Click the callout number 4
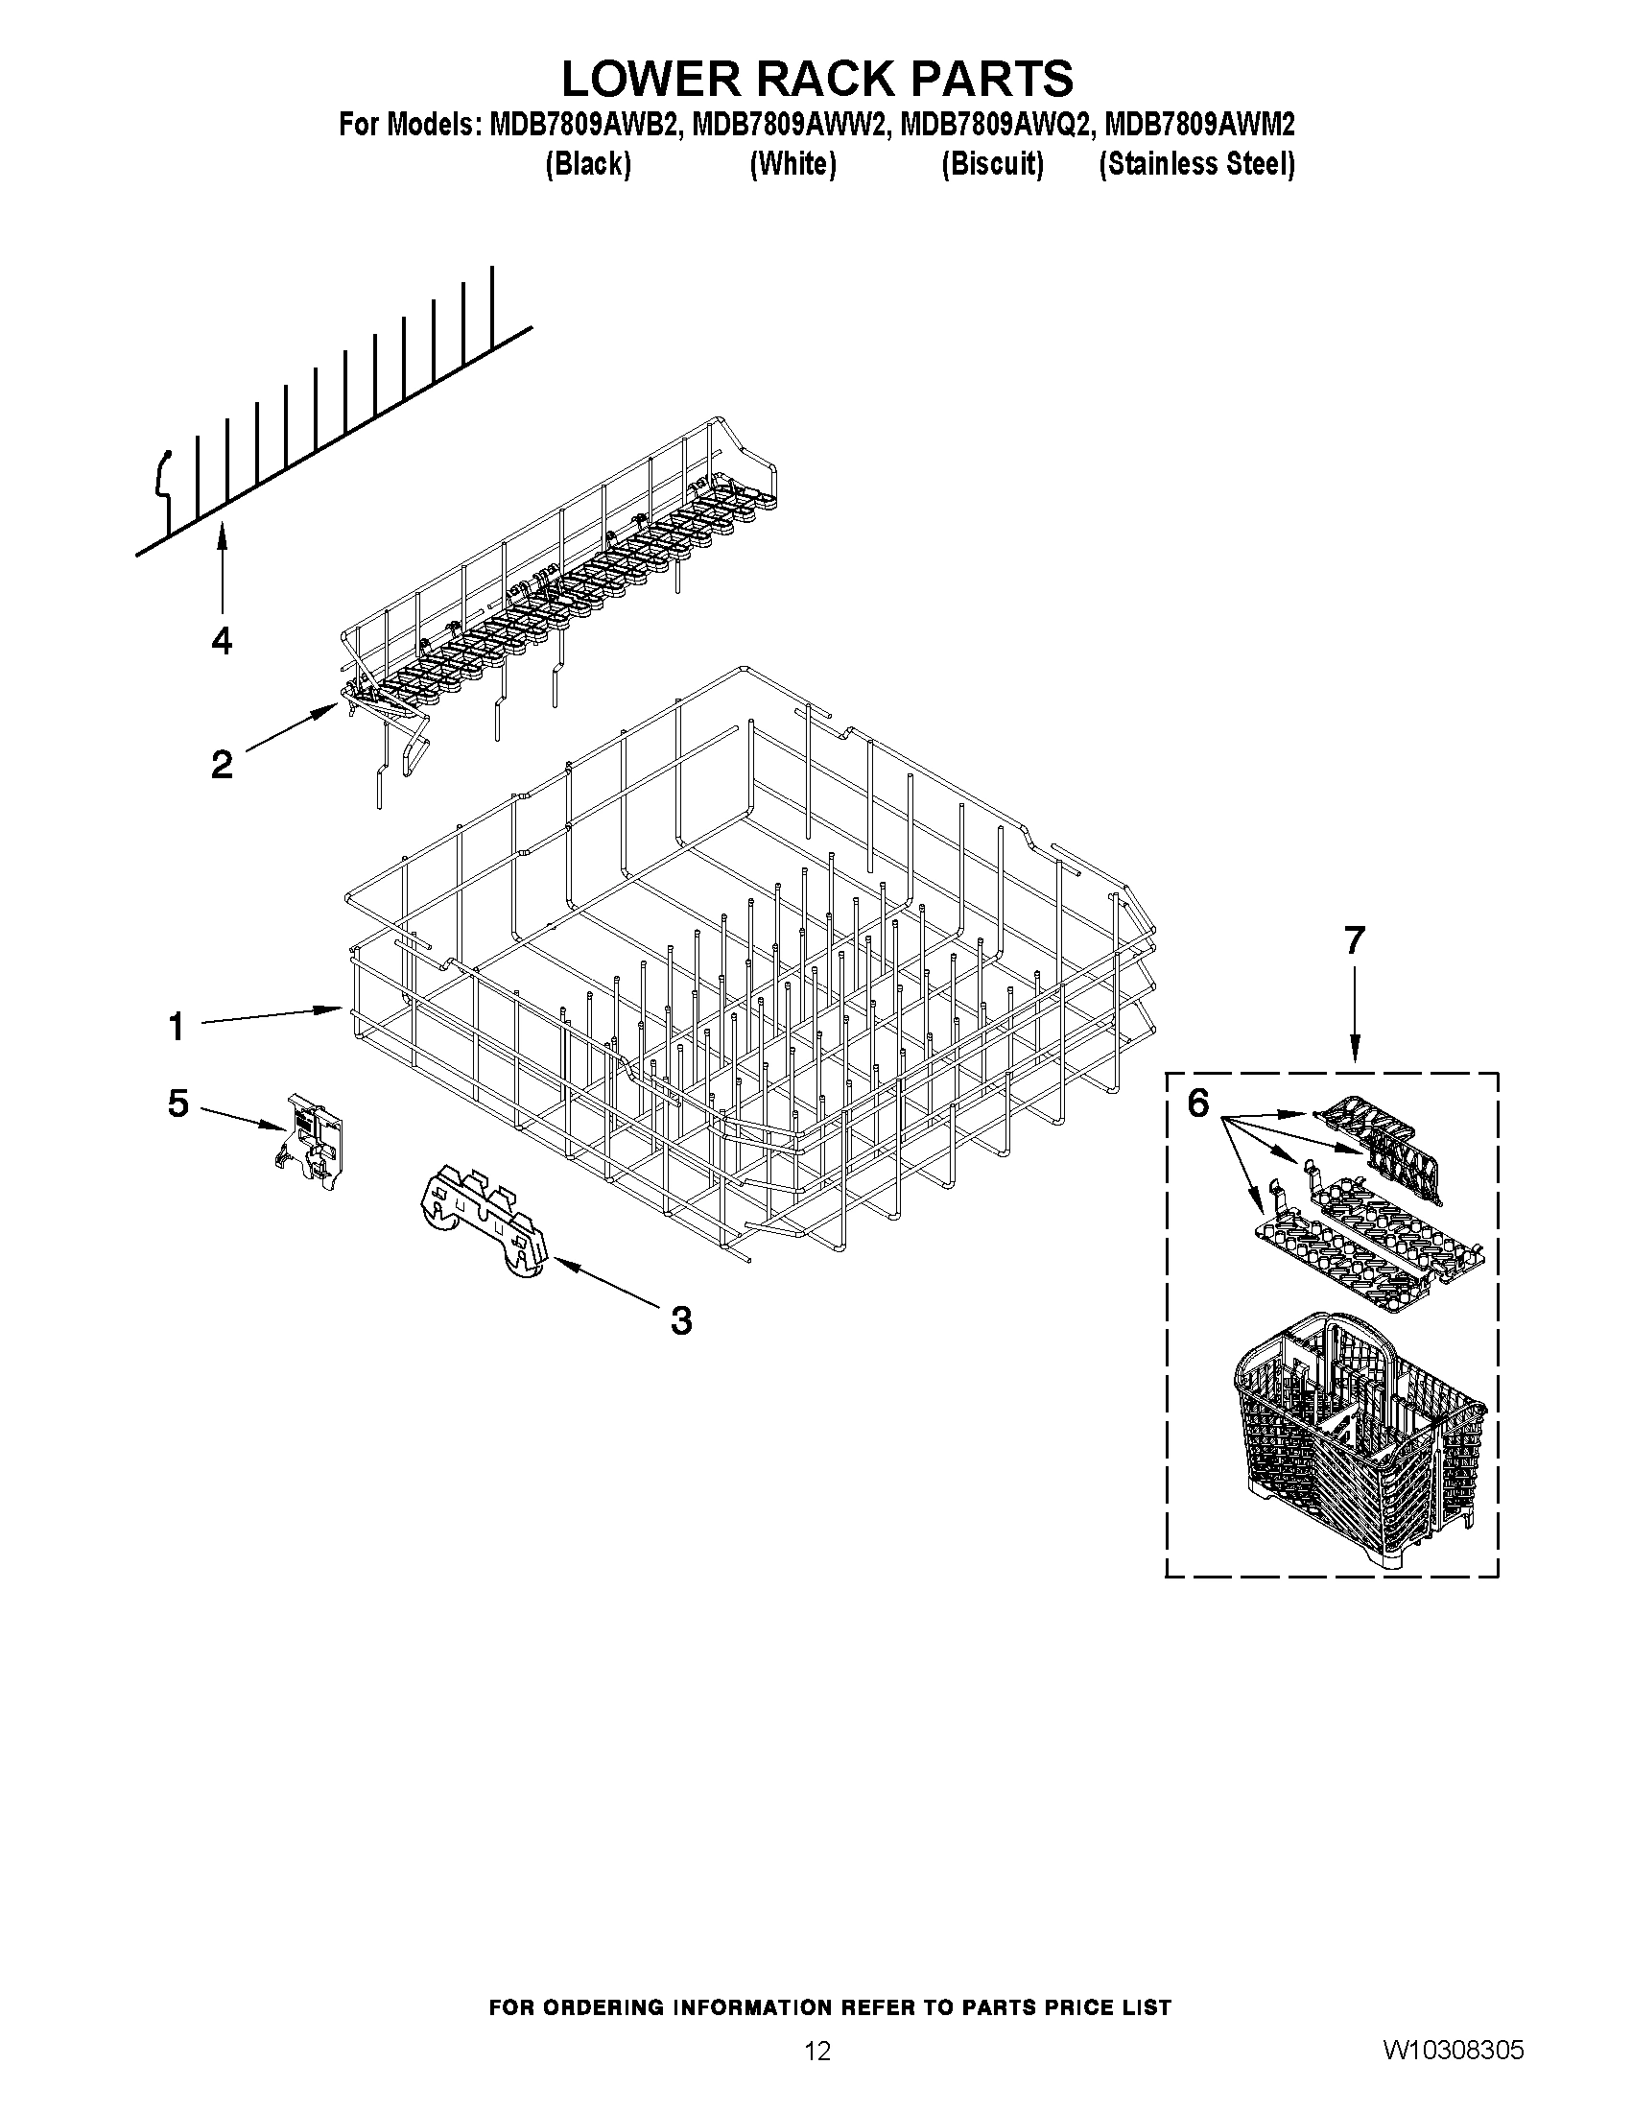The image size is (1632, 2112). click(222, 640)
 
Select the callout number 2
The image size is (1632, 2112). click(222, 765)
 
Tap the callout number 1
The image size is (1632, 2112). click(176, 1026)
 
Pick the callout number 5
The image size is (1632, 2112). click(177, 1103)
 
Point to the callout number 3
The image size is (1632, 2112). click(681, 1320)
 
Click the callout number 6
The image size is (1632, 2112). click(1197, 1103)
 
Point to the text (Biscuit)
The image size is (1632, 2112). click(992, 164)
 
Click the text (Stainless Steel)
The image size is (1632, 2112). click(1196, 164)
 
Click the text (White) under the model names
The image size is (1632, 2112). click(792, 164)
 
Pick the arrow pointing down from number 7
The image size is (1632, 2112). click(1354, 1015)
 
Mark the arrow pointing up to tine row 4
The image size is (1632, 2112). click(223, 571)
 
